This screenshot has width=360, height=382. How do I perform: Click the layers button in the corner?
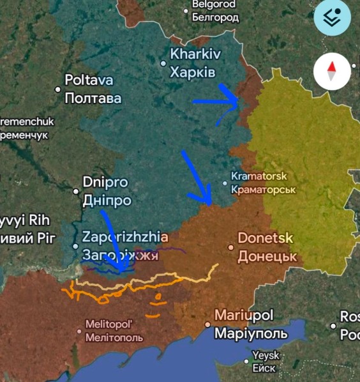point(332,18)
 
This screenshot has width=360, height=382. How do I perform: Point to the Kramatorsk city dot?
point(225,183)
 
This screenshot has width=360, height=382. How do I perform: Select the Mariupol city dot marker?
point(207,325)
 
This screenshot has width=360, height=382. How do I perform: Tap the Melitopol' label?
point(118,325)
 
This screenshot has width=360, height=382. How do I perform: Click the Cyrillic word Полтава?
point(93,99)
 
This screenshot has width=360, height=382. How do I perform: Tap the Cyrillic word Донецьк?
point(267,257)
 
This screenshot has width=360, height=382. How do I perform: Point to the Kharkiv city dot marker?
point(163,63)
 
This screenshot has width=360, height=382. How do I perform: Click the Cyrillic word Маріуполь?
point(251,334)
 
